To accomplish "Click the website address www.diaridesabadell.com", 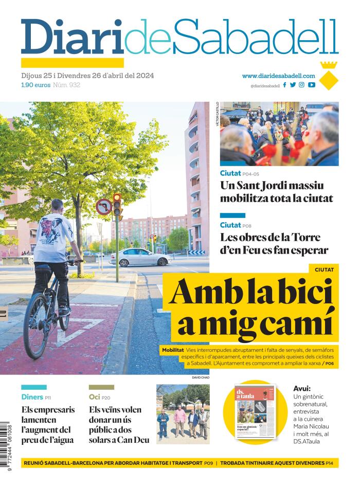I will [278, 76].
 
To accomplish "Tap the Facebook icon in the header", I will [284, 85].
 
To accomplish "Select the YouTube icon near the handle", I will [311, 85].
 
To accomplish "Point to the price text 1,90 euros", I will [35, 85].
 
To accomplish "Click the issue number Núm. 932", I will [67, 85].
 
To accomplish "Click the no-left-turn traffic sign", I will [103, 207].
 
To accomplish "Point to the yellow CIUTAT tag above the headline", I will [324, 269].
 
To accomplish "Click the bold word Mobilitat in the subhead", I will [173, 350].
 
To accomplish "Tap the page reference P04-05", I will [251, 174].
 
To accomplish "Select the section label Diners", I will [32, 397].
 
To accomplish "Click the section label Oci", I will [94, 397].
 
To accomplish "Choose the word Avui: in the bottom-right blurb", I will [302, 389].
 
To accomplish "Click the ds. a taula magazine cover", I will [255, 411].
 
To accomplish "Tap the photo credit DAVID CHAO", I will [201, 377].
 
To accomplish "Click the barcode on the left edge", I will [6, 445].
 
